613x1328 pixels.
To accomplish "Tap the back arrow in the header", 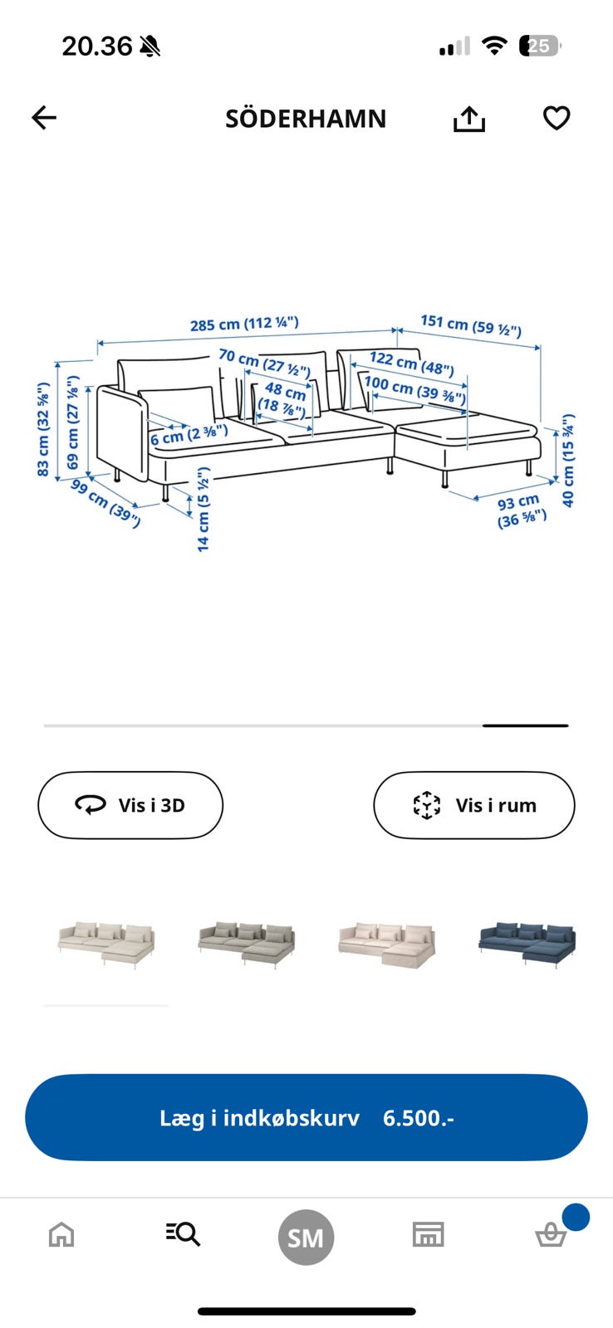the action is click(x=44, y=117).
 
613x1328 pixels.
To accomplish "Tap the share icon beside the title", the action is click(x=468, y=119).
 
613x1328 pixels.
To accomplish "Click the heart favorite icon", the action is click(x=557, y=118).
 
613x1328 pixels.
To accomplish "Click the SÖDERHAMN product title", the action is click(x=306, y=119).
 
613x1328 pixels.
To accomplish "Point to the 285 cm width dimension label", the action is click(x=244, y=324).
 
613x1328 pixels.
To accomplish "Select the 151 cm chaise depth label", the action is click(x=471, y=325).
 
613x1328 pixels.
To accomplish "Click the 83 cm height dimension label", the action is click(x=42, y=429).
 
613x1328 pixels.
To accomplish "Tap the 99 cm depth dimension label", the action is click(x=105, y=503).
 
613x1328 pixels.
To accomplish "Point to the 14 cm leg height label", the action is click(x=203, y=510).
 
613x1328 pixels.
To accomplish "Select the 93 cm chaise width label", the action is click(x=521, y=511).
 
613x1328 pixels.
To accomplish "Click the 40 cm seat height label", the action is click(x=568, y=461).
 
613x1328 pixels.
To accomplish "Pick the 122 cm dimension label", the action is click(x=412, y=364).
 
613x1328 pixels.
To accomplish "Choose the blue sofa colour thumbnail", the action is click(x=527, y=944).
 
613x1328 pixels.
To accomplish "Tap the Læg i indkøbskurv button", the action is click(x=306, y=1117).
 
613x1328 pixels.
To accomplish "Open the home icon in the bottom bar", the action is click(x=61, y=1236).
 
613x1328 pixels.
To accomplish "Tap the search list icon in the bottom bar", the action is click(x=183, y=1234).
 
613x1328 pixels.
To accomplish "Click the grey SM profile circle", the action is click(x=306, y=1238).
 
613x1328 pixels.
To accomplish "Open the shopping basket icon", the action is click(x=551, y=1235).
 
